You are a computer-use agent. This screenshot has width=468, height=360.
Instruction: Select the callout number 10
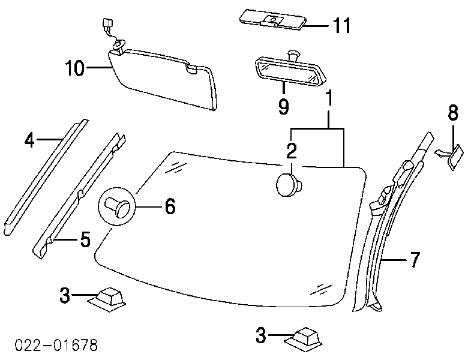point(75,69)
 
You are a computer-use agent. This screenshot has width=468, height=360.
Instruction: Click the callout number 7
point(415,260)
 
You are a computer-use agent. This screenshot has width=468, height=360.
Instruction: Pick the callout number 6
point(169,207)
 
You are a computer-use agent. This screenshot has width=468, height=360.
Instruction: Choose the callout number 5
point(85,241)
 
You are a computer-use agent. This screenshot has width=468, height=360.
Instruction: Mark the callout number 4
point(30,140)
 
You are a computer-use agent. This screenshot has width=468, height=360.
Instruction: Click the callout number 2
point(290,150)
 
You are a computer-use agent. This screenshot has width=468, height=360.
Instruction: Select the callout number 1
point(329,98)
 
